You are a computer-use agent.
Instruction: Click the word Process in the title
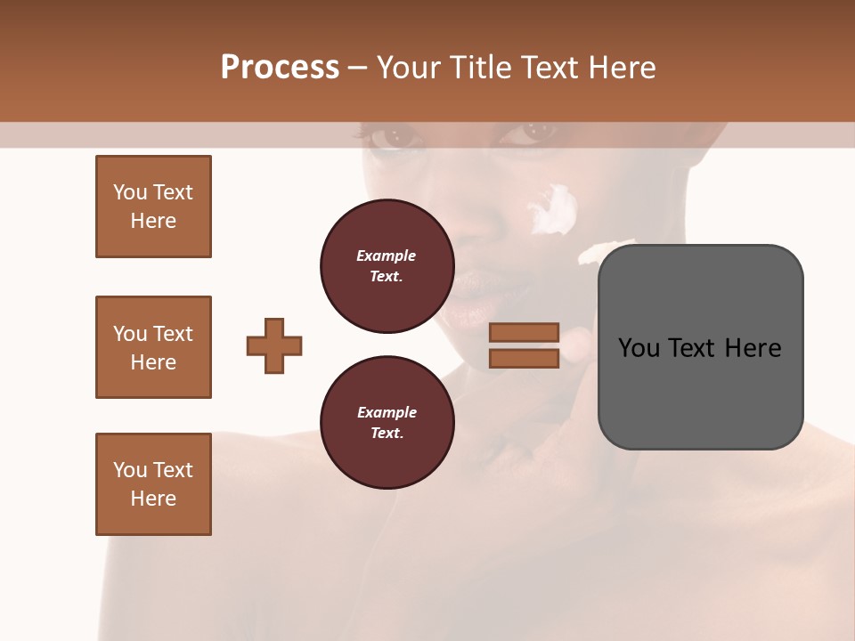(280, 68)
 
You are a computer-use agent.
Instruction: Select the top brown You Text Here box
(153, 207)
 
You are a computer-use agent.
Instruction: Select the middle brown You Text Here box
(153, 347)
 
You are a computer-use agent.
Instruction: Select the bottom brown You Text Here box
(153, 484)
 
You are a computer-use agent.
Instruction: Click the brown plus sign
(274, 345)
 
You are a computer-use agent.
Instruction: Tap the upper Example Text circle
(387, 266)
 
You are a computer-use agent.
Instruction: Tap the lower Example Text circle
(387, 423)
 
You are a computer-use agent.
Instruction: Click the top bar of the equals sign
(524, 333)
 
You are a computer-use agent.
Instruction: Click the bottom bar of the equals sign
(524, 358)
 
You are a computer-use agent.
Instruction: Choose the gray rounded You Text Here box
(700, 347)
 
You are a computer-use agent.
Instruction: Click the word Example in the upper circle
(387, 256)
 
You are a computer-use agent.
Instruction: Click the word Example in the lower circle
(387, 412)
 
